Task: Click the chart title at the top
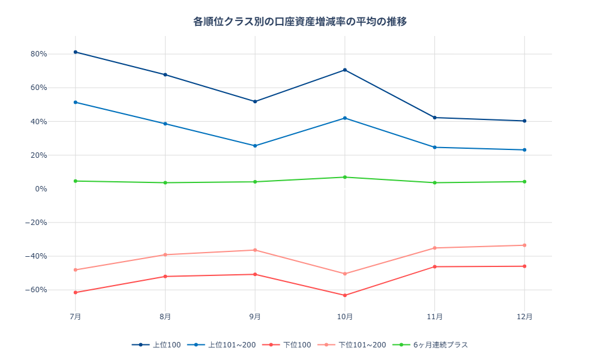coord(300,22)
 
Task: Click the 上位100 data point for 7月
coord(76,52)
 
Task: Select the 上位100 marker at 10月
coord(345,70)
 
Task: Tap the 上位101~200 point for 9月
coord(255,146)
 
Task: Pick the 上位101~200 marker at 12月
coord(524,150)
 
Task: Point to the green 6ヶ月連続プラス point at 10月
coord(345,177)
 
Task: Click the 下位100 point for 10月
coord(345,295)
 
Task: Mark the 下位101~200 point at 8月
coord(165,255)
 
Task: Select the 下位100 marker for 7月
coord(76,292)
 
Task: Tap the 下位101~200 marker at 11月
coord(435,248)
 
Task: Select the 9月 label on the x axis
coord(255,316)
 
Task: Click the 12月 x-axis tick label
coord(524,316)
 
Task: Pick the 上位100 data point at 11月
coord(435,118)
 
